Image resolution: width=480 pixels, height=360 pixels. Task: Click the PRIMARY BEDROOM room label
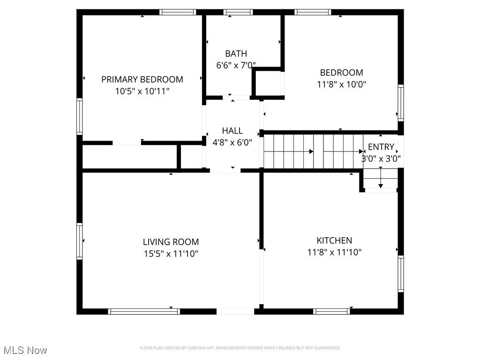[142, 79]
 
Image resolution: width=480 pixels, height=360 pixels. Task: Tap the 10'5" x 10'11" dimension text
[142, 91]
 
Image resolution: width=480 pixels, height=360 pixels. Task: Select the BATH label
[236, 53]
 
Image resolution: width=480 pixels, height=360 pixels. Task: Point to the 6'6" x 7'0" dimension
[236, 65]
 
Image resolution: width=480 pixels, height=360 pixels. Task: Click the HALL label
[232, 131]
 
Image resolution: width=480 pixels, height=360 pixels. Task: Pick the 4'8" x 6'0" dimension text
[232, 142]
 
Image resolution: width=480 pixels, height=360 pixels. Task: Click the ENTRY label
[381, 147]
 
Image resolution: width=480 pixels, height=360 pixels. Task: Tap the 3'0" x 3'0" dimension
[381, 158]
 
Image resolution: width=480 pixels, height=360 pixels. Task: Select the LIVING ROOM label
[171, 242]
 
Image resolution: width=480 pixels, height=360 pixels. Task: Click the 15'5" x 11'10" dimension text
[171, 254]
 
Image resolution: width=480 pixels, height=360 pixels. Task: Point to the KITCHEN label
[334, 240]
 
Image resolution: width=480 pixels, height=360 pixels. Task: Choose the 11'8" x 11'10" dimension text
[334, 252]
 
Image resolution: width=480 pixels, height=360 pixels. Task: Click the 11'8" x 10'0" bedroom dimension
[342, 84]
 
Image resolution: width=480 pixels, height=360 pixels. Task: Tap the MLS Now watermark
[25, 350]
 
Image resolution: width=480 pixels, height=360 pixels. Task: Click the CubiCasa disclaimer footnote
[240, 348]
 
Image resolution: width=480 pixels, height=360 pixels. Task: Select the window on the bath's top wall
[238, 12]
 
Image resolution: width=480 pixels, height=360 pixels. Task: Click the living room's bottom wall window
[144, 311]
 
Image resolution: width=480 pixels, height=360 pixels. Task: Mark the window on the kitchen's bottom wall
[331, 311]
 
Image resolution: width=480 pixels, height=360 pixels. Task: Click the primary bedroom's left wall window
[79, 116]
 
